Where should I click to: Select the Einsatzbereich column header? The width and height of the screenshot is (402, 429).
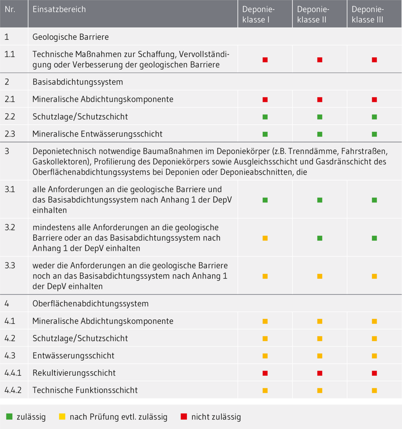pos(59,10)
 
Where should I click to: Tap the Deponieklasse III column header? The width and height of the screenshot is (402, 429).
pos(367,14)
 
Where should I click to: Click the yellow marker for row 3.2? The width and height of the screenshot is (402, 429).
pos(265,238)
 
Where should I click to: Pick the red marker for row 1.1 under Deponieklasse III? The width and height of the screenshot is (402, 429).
pos(374,60)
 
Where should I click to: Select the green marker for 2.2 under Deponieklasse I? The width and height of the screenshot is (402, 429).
pos(265,117)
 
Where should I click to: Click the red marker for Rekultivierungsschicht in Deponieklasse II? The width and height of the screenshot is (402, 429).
pos(320,373)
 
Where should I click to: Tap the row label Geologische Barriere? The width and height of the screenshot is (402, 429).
pos(70,37)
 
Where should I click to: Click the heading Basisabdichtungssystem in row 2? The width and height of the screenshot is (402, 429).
pos(78,82)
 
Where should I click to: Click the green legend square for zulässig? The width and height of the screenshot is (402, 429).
pos(9,417)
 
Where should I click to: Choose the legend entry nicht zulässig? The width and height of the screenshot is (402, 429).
pos(216,417)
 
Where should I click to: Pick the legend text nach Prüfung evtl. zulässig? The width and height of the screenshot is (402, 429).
pos(118,417)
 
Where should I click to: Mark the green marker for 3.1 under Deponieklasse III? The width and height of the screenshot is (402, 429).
pos(374,200)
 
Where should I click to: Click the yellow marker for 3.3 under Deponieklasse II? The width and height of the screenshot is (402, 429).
pos(320,276)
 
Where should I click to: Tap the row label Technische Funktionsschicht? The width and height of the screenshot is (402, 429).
pos(85,390)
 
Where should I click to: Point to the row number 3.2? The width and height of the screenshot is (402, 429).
pos(10,228)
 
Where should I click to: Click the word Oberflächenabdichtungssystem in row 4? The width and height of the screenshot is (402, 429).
pos(90,303)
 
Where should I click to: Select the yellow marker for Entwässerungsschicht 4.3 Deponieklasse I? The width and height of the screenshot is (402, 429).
pos(265,356)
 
